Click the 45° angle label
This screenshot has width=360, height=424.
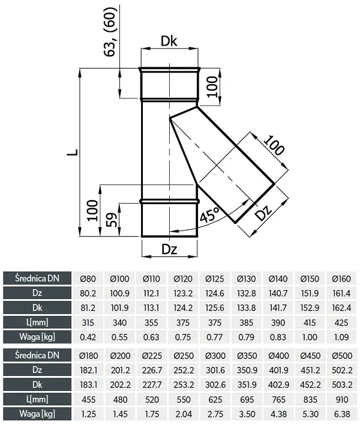pyautogui.click(x=210, y=215)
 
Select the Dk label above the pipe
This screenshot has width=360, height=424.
pyautogui.click(x=169, y=41)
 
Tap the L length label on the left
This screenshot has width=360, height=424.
pyautogui.click(x=73, y=152)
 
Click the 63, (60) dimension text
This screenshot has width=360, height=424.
pyautogui.click(x=110, y=31)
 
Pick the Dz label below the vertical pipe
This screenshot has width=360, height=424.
pyautogui.click(x=169, y=249)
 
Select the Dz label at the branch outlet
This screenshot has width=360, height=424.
pyautogui.click(x=263, y=213)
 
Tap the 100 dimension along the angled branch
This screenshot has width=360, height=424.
pyautogui.click(x=274, y=146)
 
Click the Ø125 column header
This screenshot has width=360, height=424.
pyautogui.click(x=215, y=279)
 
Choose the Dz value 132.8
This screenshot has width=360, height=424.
pyautogui.click(x=247, y=293)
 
